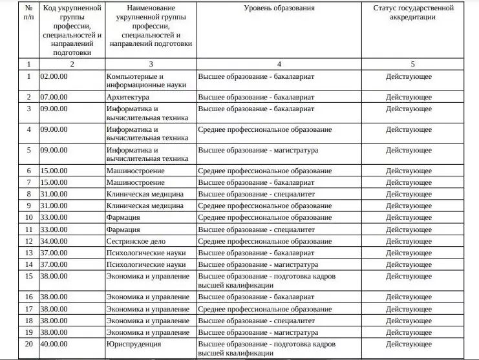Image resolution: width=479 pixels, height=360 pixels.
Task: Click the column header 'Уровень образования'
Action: coord(279,8)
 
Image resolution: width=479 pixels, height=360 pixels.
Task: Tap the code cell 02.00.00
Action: coord(54,76)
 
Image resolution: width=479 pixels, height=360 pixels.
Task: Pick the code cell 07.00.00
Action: coord(54,97)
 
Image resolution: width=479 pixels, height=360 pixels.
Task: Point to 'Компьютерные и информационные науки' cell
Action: coord(147,80)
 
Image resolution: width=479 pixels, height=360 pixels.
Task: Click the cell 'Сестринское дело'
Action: coord(132,241)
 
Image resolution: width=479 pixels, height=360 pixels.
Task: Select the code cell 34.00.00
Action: coord(54,241)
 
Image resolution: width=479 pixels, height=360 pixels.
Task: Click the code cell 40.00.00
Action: coord(54,344)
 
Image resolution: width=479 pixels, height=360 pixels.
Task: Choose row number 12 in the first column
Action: coord(28,241)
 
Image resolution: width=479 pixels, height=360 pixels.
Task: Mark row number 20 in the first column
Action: coord(28,344)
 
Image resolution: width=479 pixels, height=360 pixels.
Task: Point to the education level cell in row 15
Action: coord(266,281)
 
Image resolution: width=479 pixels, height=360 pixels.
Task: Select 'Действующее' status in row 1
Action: coord(409,76)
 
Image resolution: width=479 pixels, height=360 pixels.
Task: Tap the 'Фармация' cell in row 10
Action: coord(123,217)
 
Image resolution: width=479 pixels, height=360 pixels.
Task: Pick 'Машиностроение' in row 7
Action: coord(135,182)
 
